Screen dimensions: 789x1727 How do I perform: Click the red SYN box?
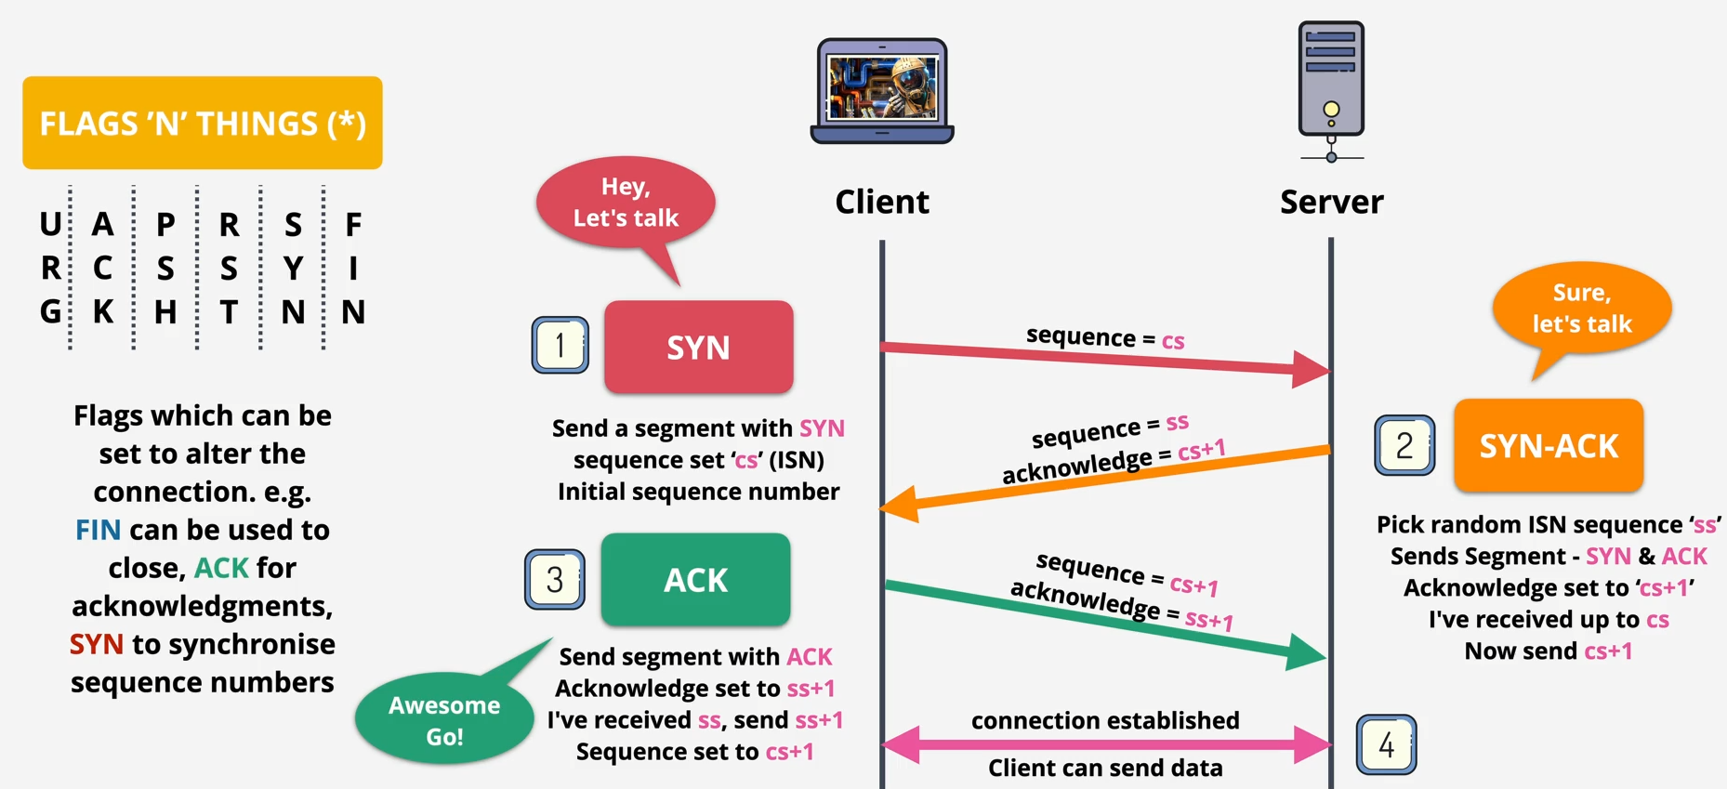pos(698,347)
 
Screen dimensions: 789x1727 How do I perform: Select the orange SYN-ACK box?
pos(1549,445)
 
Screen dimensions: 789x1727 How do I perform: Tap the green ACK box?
pos(695,579)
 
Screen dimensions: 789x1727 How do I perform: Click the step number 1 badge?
pos(560,345)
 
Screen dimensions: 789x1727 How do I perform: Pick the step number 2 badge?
pos(1404,445)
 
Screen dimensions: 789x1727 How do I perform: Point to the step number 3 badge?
pos(555,579)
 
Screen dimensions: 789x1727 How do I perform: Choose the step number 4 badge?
pos(1386,744)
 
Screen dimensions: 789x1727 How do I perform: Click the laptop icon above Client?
pos(882,90)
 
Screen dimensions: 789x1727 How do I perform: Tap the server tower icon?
pos(1331,89)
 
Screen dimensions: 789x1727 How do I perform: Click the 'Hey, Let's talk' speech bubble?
pos(626,203)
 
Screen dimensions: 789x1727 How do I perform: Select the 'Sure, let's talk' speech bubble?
pos(1581,309)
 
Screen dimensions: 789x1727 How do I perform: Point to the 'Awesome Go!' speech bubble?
pos(444,719)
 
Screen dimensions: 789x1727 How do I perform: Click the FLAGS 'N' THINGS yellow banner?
pos(203,123)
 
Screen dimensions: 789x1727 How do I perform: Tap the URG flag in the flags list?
pos(50,268)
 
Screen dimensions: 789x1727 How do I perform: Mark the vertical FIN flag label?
pos(353,268)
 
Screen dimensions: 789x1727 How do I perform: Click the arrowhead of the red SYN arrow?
pos(1312,369)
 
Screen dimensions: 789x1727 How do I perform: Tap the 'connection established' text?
pos(1105,720)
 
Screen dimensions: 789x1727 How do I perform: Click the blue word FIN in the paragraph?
pos(98,530)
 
